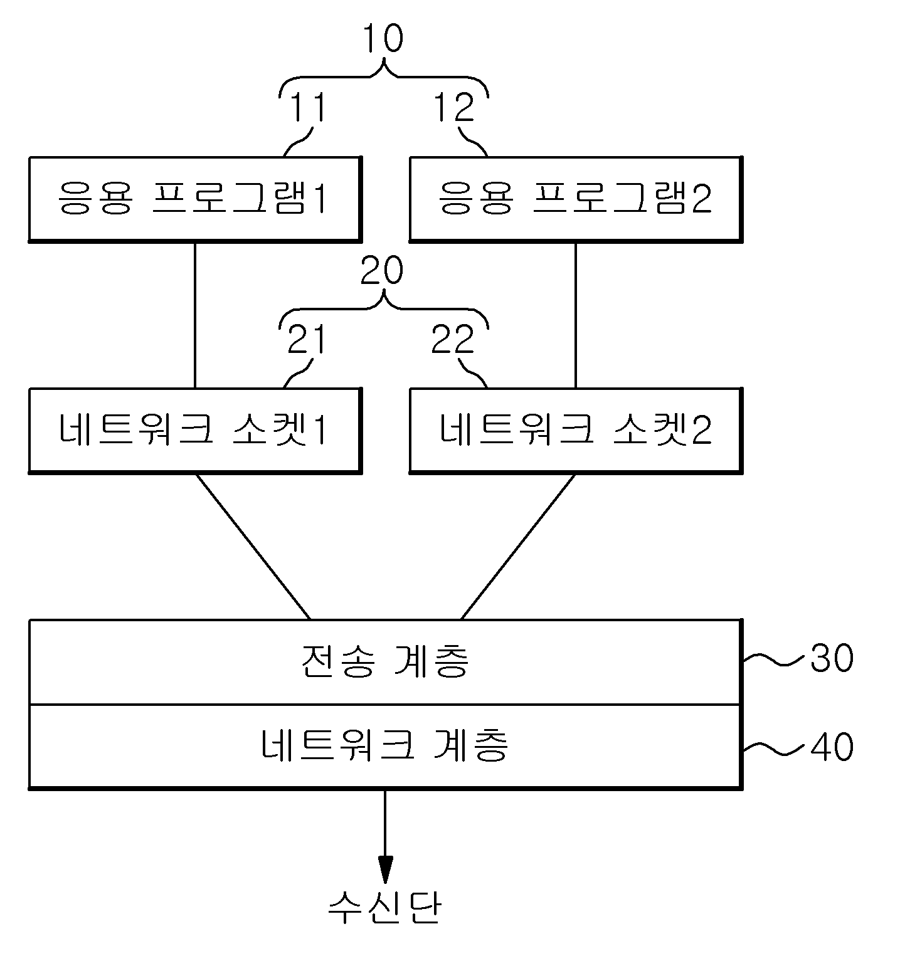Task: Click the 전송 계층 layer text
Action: coord(385,661)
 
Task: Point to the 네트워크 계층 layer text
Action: coord(385,746)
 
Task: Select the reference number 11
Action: coord(307,107)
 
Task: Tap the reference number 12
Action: coord(454,107)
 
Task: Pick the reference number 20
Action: coord(383,271)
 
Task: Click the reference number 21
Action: coord(307,340)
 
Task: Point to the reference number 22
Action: coord(454,340)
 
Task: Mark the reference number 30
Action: coord(832,658)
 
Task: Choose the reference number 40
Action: coord(832,747)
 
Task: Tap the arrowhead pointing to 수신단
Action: coord(385,871)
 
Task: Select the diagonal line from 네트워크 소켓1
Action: coord(253,546)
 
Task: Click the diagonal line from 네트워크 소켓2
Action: coord(518,546)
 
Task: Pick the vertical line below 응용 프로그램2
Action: coord(576,315)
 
